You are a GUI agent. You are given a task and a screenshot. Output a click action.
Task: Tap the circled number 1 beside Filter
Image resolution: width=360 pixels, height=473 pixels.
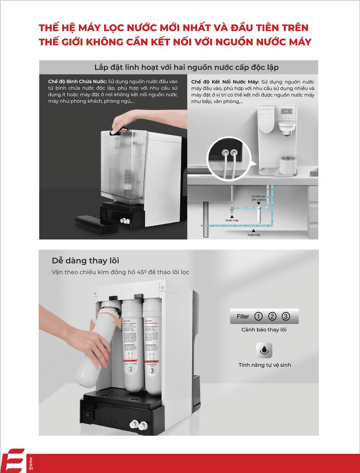click(x=258, y=316)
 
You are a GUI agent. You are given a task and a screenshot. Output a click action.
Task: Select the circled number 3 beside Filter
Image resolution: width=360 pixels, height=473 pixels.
click(x=286, y=316)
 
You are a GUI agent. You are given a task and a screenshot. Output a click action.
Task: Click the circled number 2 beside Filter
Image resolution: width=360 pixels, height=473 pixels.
click(x=272, y=316)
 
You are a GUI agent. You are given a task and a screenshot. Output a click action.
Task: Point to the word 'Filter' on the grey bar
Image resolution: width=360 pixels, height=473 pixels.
click(x=243, y=316)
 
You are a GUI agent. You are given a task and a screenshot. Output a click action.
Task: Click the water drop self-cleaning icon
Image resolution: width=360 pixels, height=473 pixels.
click(x=264, y=350)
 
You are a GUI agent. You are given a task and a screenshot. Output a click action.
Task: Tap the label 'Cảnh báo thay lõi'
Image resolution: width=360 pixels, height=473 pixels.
click(x=264, y=330)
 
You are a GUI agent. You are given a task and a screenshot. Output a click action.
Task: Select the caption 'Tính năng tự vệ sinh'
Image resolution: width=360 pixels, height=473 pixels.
click(x=264, y=365)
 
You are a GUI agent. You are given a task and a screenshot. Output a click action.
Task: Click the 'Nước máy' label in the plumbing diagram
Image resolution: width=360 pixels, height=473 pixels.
click(x=232, y=220)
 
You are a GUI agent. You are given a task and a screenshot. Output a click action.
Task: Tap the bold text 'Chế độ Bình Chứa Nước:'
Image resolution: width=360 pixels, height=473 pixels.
click(x=77, y=82)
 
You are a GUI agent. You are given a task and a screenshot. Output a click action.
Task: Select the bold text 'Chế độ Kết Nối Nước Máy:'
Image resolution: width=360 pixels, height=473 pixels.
click(x=225, y=82)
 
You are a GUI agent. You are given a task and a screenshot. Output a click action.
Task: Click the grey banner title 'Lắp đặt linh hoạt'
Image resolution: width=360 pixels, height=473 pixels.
click(x=186, y=67)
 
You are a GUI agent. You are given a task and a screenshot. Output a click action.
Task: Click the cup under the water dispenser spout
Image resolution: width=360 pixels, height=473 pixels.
click(x=287, y=165)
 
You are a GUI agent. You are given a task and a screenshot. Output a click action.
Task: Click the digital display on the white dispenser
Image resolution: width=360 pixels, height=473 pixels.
click(x=287, y=112)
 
